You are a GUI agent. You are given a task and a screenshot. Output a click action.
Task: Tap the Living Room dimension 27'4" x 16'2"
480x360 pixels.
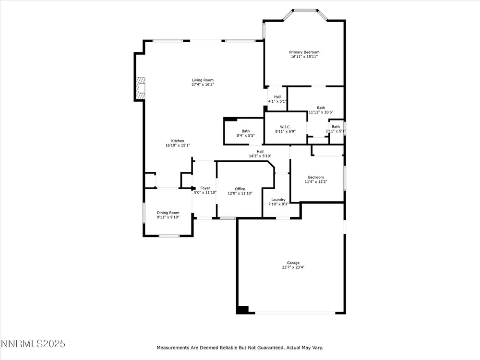click(203, 84)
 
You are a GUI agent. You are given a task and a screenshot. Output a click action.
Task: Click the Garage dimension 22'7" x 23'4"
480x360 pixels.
click(293, 267)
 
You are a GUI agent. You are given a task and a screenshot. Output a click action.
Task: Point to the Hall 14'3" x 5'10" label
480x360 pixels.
click(260, 154)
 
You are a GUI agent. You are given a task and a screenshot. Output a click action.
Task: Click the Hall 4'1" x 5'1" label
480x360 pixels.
click(277, 99)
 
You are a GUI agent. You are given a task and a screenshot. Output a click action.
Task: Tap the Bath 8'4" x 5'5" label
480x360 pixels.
click(245, 133)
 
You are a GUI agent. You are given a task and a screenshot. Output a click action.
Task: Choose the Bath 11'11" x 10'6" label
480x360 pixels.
click(321, 110)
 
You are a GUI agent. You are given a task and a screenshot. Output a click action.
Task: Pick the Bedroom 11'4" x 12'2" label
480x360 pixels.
click(316, 180)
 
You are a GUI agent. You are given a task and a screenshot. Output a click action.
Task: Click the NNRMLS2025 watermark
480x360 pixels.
click(33, 344)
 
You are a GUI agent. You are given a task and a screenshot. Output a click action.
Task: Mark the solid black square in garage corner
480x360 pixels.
click(243, 310)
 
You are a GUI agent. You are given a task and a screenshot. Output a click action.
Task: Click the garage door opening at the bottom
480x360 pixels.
click(295, 313)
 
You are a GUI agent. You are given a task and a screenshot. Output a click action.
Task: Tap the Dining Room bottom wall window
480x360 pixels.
click(169, 236)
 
